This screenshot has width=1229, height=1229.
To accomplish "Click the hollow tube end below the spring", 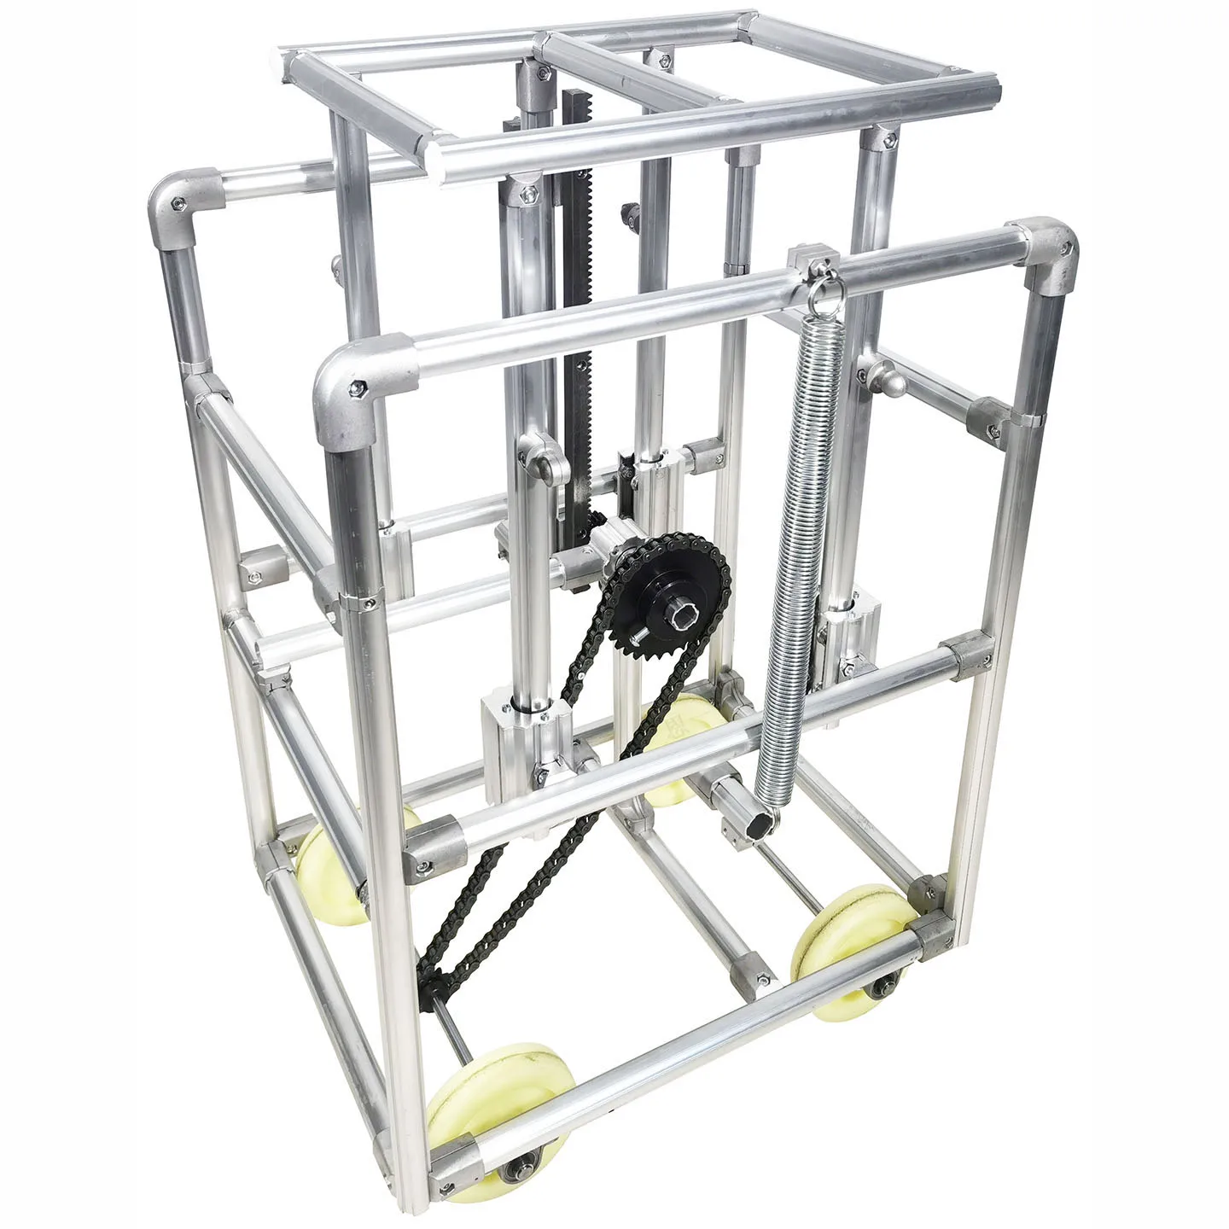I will (765, 819).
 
